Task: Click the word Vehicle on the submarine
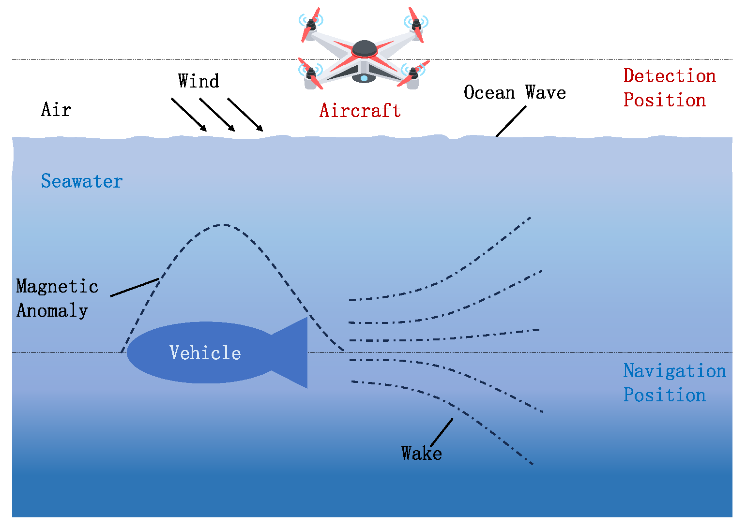coord(205,353)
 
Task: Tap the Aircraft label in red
coord(360,111)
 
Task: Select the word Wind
coord(198,81)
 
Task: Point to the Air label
coord(56,110)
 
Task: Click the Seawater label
coord(82,181)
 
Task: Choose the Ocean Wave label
coord(515,92)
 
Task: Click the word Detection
coord(670,76)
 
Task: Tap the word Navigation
coord(674,371)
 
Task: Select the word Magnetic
coord(57,286)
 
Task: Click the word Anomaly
coord(52,310)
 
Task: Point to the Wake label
coord(422,454)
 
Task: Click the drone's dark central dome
coord(365,48)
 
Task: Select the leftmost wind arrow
coord(189,115)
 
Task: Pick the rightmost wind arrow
coord(245,115)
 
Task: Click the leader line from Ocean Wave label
coord(511,121)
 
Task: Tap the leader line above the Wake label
coord(442,432)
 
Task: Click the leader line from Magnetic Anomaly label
coord(135,287)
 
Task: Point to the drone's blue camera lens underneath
coord(364,78)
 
